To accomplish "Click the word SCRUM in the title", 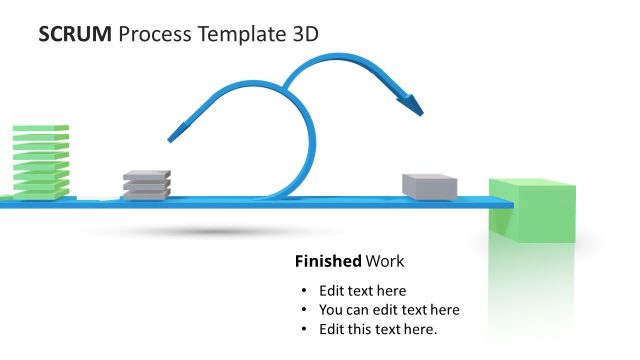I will pyautogui.click(x=75, y=34).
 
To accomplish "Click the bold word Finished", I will pyautogui.click(x=327, y=262).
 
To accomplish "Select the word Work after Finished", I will pyautogui.click(x=385, y=262).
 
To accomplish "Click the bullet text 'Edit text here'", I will pyautogui.click(x=362, y=290).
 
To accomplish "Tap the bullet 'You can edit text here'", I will pyautogui.click(x=389, y=310).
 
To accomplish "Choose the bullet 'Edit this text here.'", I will pyautogui.click(x=379, y=329).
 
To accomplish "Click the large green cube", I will pyautogui.click(x=531, y=212).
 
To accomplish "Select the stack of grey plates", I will pyautogui.click(x=146, y=184).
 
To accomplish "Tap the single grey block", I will pyautogui.click(x=429, y=185).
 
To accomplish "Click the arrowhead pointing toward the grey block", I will pyautogui.click(x=410, y=100).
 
